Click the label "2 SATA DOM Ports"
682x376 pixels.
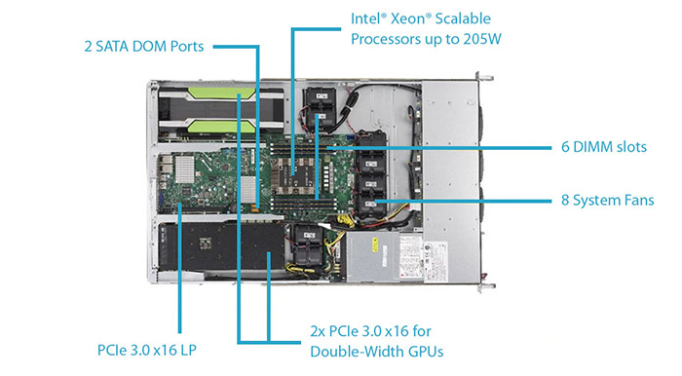coord(144,47)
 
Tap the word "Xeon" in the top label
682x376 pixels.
coord(408,19)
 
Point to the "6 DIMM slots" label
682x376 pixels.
coord(604,147)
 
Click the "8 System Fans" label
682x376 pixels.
coord(608,201)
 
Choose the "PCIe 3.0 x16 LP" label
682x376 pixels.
coord(147,351)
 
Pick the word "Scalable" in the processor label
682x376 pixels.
coord(463,19)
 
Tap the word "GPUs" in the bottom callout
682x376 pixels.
coord(427,352)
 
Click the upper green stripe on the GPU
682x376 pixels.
coord(221,94)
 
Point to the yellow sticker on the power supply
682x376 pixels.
coord(375,246)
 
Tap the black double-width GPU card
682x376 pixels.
coord(222,246)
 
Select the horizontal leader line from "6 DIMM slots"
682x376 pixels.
coord(438,148)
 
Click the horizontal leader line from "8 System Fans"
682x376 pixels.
coord(463,201)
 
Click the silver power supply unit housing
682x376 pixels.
coord(372,256)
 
